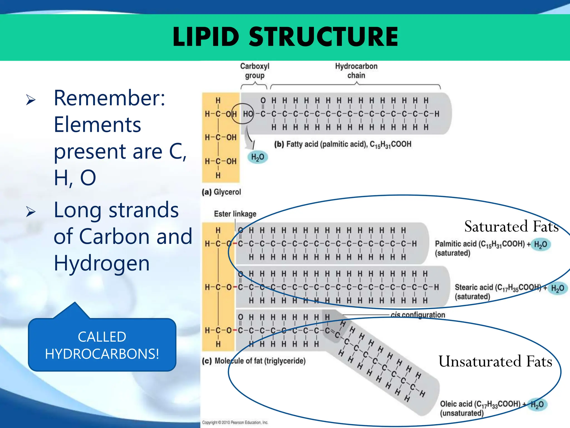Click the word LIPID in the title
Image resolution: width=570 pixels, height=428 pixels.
(x=206, y=37)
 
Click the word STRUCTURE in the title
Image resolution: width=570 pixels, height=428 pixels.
(x=323, y=37)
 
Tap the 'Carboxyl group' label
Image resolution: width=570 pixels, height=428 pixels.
(x=255, y=71)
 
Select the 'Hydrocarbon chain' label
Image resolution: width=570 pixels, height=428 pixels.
(x=356, y=71)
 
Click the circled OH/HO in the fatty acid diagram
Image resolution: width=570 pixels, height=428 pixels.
(x=243, y=114)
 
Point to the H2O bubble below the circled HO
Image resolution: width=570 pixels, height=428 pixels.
(x=257, y=157)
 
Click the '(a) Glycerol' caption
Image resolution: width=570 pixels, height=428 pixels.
(x=221, y=192)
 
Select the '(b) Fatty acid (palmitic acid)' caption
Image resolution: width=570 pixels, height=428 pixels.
(x=342, y=144)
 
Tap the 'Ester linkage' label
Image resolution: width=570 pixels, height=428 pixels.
(x=235, y=214)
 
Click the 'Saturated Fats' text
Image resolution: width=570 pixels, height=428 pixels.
(x=511, y=226)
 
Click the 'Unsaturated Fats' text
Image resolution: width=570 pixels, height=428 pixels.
(x=495, y=361)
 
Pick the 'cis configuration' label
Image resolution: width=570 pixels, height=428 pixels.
(x=417, y=315)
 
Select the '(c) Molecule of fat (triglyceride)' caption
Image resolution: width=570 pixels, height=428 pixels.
(x=254, y=361)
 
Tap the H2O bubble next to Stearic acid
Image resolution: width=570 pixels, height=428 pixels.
(x=557, y=288)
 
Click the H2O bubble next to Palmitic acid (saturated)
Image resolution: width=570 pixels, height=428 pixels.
(x=540, y=244)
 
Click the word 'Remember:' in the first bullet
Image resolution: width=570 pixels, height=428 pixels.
(x=109, y=98)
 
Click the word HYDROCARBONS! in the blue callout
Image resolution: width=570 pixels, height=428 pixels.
(x=102, y=354)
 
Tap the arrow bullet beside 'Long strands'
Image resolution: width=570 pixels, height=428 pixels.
(x=31, y=212)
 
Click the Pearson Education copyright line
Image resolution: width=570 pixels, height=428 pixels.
(x=235, y=422)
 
